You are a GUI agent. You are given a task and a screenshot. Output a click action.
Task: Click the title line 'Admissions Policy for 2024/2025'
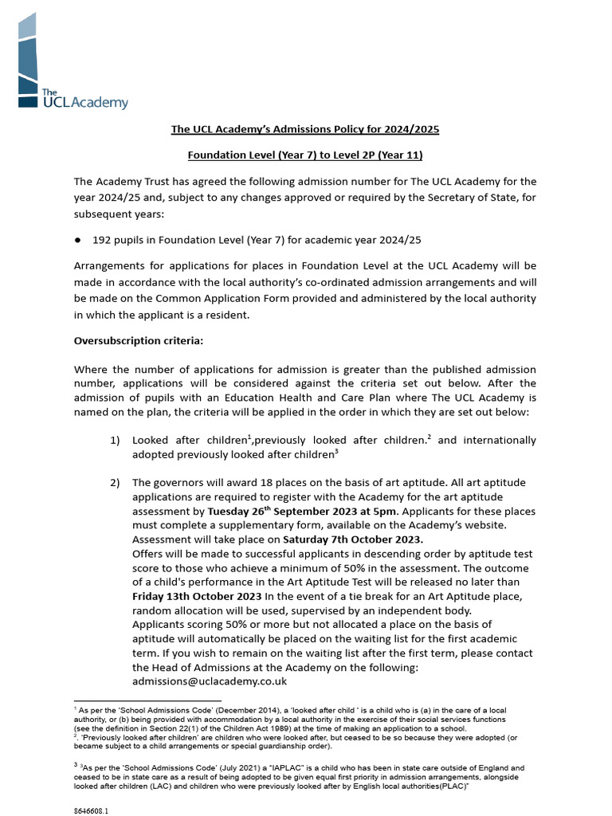305,128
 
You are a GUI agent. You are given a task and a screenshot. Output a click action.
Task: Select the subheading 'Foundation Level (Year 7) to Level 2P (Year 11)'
305,155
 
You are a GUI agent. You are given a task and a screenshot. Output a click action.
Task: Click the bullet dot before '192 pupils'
78,239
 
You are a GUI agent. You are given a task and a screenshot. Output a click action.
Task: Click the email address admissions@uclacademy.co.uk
210,682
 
